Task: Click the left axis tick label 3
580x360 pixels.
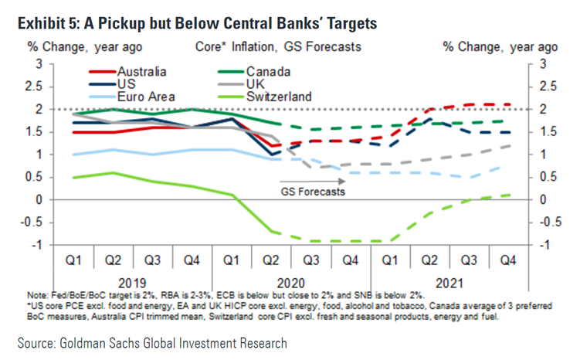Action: click(39, 63)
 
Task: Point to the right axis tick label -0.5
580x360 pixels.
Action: click(544, 222)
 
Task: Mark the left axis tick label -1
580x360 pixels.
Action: click(36, 246)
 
